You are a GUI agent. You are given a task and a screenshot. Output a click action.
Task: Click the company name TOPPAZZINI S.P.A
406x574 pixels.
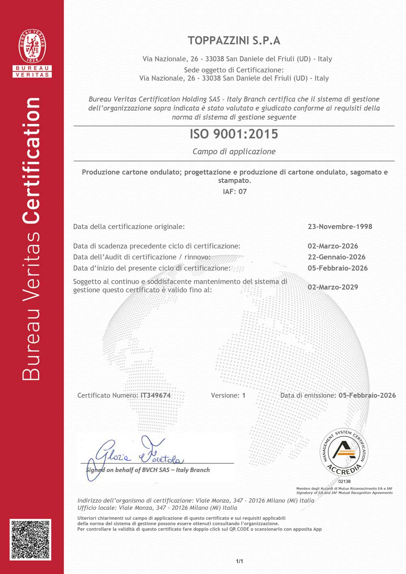[x=234, y=41]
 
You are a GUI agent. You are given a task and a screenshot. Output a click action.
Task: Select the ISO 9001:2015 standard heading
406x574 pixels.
[x=234, y=134]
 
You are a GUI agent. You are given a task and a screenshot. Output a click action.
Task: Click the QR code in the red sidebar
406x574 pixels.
[x=31, y=539]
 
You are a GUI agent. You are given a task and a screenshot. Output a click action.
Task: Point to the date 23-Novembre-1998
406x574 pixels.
[x=340, y=227]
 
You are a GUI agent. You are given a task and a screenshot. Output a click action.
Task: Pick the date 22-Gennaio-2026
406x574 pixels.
[x=337, y=257]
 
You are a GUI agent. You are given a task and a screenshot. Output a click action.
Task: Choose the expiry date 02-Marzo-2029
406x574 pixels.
[x=333, y=287]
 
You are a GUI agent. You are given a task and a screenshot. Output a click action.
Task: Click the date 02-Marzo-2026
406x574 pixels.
[x=333, y=246]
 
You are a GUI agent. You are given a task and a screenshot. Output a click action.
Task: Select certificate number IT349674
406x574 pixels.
[x=155, y=395]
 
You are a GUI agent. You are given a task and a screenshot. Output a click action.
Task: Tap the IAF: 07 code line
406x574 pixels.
[x=235, y=192]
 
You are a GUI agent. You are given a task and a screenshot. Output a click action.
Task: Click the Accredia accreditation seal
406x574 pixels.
[x=344, y=453]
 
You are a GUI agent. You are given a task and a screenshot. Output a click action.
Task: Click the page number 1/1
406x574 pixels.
[x=240, y=561]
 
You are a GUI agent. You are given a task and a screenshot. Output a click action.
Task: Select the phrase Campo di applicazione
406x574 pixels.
[x=234, y=151]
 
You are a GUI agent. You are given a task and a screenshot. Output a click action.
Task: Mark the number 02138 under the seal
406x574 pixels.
[x=344, y=481]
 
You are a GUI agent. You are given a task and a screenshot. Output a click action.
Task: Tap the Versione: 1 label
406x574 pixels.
[x=228, y=395]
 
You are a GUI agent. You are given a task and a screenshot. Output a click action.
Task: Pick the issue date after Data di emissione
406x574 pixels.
[x=367, y=395]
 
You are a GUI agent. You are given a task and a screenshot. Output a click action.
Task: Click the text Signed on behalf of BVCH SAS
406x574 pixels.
[x=148, y=470]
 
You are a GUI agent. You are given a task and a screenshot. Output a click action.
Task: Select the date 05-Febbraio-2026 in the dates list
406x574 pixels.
[x=338, y=268]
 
